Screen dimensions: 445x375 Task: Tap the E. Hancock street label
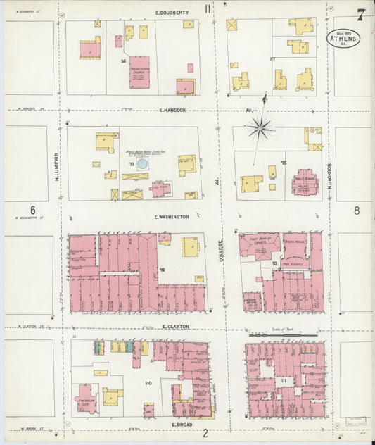(172, 110)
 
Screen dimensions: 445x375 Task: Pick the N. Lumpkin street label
(57, 169)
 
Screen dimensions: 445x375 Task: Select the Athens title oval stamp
(343, 38)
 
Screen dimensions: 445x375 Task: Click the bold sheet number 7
(360, 15)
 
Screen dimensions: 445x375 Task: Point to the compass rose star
(260, 127)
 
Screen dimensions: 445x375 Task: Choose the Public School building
(305, 182)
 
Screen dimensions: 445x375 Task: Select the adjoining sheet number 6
(32, 210)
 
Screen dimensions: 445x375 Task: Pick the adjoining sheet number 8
(357, 210)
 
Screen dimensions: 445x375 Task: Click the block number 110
(148, 383)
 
